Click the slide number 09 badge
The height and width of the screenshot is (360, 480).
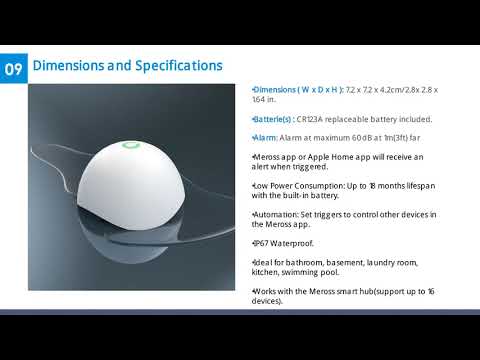14,69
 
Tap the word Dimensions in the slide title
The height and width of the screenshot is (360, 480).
68,66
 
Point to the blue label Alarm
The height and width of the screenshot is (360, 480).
265,137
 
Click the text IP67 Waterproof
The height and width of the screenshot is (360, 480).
283,243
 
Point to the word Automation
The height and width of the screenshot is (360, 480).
276,214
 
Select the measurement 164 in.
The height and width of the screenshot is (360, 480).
265,100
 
